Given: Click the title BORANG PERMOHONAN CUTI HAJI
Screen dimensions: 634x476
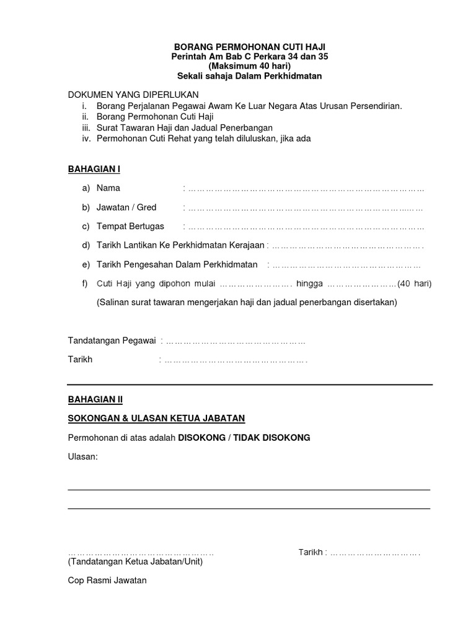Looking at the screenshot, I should tap(249, 47).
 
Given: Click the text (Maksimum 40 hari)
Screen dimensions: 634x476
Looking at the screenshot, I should tap(249, 66).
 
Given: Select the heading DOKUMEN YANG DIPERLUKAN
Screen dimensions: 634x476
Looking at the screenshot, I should tap(133, 95).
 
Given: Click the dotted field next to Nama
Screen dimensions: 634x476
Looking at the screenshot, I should tap(306, 188).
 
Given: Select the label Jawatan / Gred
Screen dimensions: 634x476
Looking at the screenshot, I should tap(126, 207).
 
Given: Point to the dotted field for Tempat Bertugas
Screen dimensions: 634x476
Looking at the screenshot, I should tap(306, 227).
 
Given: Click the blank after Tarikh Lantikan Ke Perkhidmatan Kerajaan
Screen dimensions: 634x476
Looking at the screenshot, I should tap(348, 246).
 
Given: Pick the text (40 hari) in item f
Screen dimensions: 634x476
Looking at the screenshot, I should tap(415, 284).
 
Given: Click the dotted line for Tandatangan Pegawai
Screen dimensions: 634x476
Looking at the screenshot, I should tap(236, 341).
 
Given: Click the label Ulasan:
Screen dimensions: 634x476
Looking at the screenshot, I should tap(82, 457).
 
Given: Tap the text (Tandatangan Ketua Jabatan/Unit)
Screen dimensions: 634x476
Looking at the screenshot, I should tap(135, 562).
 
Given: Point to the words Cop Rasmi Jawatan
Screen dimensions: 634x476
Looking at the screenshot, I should tap(107, 581).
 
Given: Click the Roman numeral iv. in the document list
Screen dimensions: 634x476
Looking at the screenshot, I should tap(86, 139).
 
